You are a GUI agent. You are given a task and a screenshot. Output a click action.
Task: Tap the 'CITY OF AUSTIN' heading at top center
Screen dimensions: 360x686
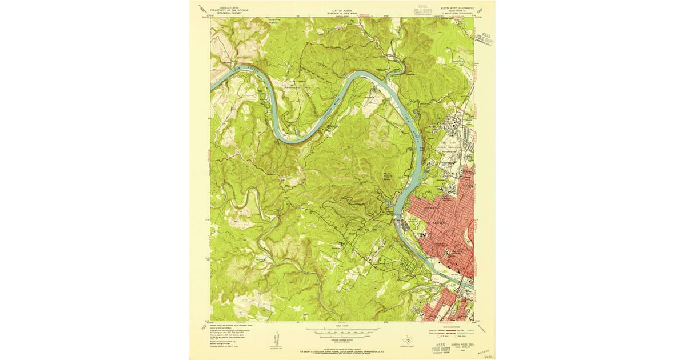tap(343, 10)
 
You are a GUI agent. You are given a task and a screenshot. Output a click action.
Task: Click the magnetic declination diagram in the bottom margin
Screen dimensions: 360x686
tap(275, 340)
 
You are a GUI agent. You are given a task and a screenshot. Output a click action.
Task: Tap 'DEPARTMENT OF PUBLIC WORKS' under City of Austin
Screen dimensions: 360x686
tap(343, 13)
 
